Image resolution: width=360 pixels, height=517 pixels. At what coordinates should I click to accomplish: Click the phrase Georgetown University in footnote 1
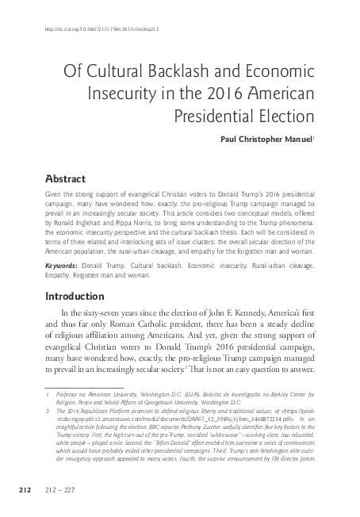(x=205, y=402)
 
